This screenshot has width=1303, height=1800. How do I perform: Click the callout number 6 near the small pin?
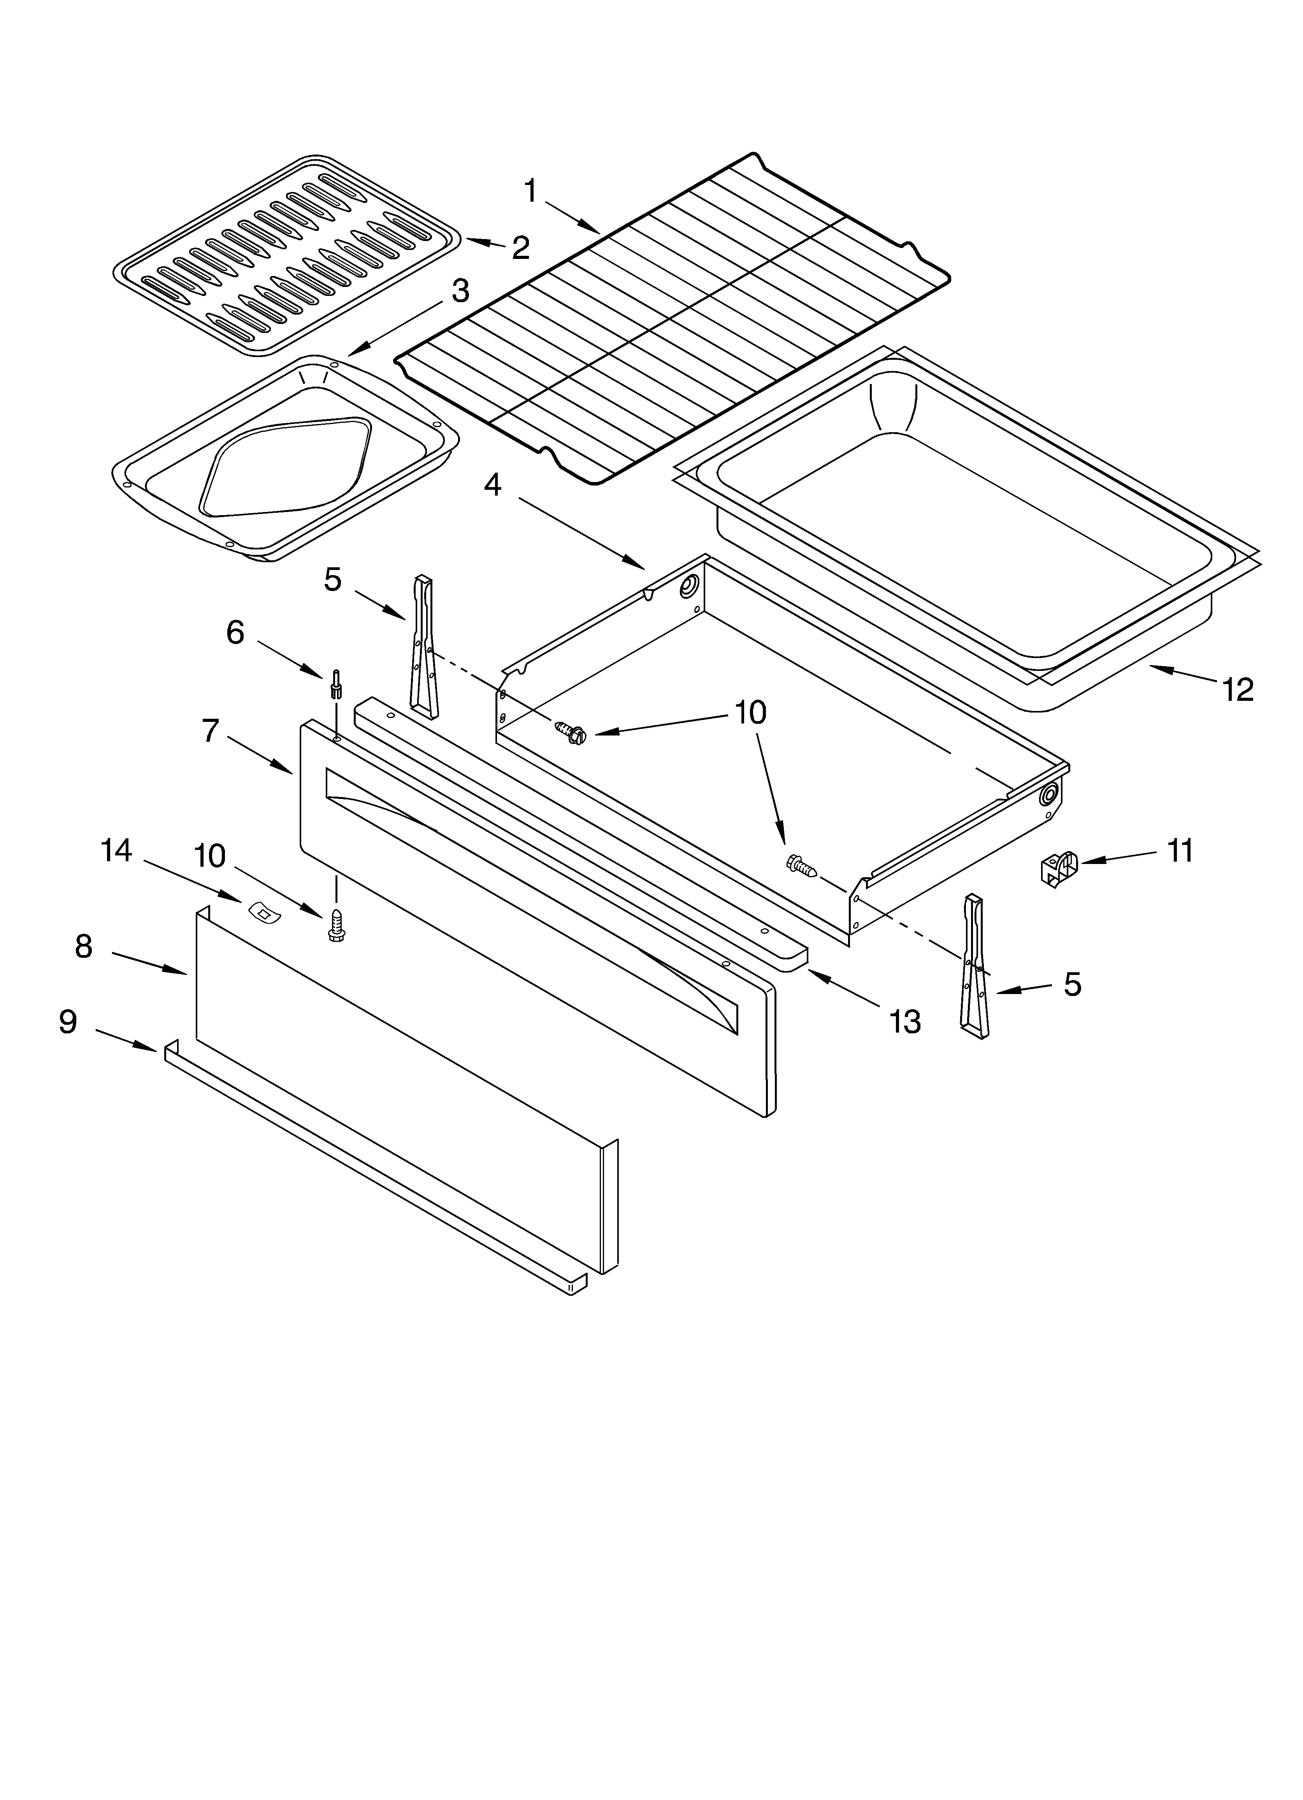pos(235,633)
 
